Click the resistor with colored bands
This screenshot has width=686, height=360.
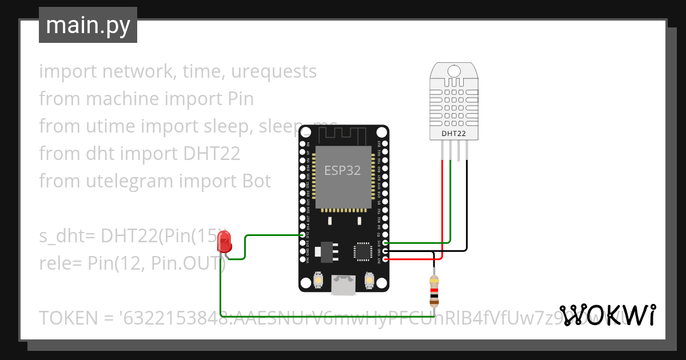[x=434, y=290]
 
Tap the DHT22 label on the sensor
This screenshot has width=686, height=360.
[x=453, y=134]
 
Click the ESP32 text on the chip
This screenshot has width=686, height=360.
[x=342, y=170]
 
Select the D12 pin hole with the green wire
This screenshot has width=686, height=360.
[x=304, y=235]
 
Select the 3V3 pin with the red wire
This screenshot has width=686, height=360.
[x=386, y=259]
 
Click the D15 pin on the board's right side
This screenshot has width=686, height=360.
[x=386, y=243]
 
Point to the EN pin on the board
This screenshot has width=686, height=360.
[x=304, y=145]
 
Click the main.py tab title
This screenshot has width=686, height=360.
[x=88, y=25]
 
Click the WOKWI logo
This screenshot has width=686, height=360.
[x=608, y=315]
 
